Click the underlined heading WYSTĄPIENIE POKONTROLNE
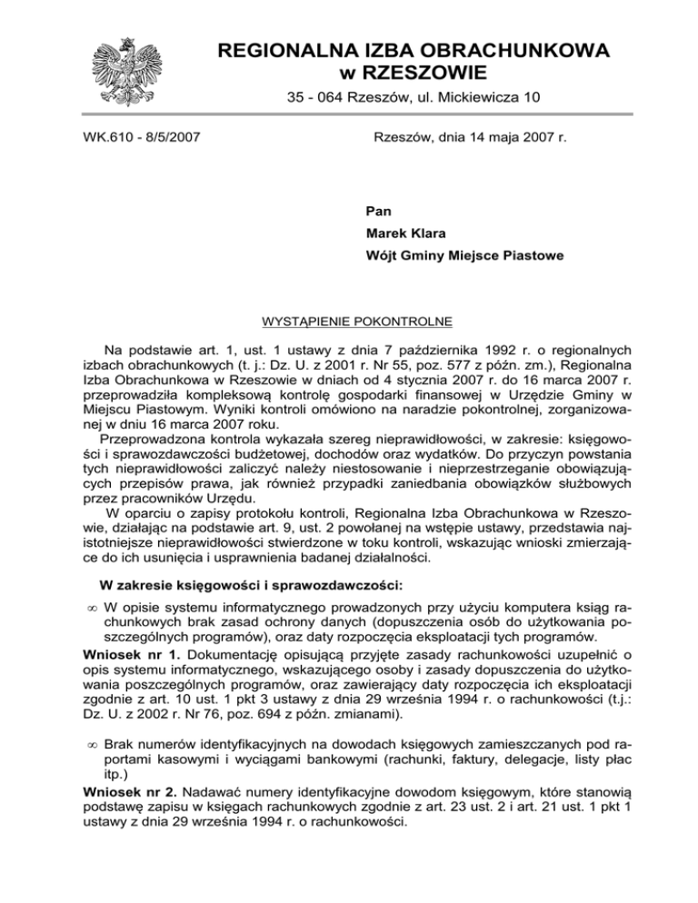coord(348,322)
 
